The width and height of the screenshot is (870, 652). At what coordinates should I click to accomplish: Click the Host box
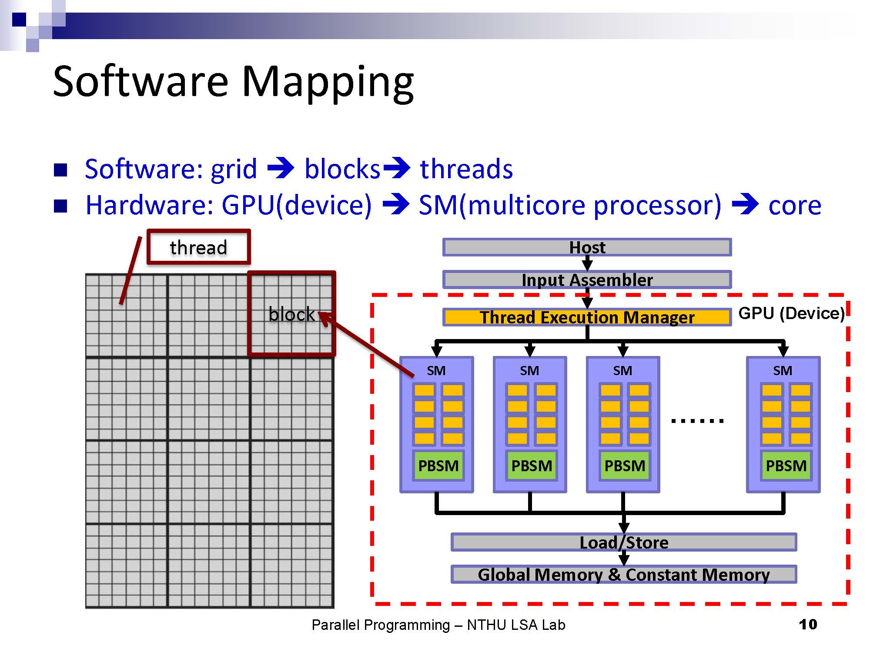click(587, 247)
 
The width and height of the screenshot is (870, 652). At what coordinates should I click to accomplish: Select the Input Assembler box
click(587, 280)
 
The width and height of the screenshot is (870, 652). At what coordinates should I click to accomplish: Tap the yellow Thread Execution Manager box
click(587, 317)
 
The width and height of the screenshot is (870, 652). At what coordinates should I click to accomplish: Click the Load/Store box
click(624, 542)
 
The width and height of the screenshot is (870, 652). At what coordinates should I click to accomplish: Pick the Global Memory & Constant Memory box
click(624, 575)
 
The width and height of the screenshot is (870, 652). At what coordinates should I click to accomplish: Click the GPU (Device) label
click(791, 313)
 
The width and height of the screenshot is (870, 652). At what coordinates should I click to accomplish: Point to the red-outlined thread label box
click(199, 247)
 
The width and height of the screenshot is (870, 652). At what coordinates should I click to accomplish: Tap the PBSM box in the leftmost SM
click(438, 466)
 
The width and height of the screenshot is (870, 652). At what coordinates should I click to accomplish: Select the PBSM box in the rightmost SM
click(786, 466)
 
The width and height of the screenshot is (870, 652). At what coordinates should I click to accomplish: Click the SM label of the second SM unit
click(529, 371)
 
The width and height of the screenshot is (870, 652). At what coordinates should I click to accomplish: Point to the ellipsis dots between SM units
click(697, 420)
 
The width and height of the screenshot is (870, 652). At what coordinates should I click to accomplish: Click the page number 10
click(808, 625)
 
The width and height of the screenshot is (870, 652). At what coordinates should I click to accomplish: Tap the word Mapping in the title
click(327, 83)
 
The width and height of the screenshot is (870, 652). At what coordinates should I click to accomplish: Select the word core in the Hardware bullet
click(795, 205)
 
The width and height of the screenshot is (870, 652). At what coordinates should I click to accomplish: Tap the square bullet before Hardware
click(60, 206)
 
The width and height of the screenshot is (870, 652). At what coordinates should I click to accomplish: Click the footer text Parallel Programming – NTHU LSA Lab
click(438, 625)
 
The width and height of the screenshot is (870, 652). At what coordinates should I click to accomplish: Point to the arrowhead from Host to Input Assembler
click(587, 265)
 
